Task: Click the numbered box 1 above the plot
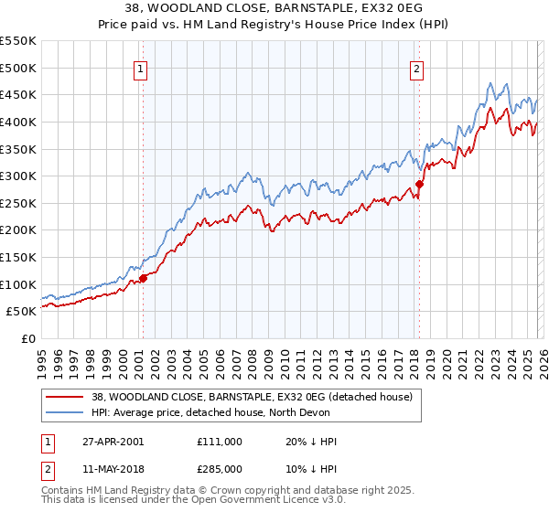pyautogui.click(x=142, y=68)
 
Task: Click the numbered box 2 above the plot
pyautogui.click(x=416, y=68)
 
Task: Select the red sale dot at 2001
pyautogui.click(x=143, y=278)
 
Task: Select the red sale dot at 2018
pyautogui.click(x=419, y=184)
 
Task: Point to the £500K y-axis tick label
pyautogui.click(x=18, y=68)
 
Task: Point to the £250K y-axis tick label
pyautogui.click(x=18, y=203)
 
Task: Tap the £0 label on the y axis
pyautogui.click(x=27, y=338)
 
